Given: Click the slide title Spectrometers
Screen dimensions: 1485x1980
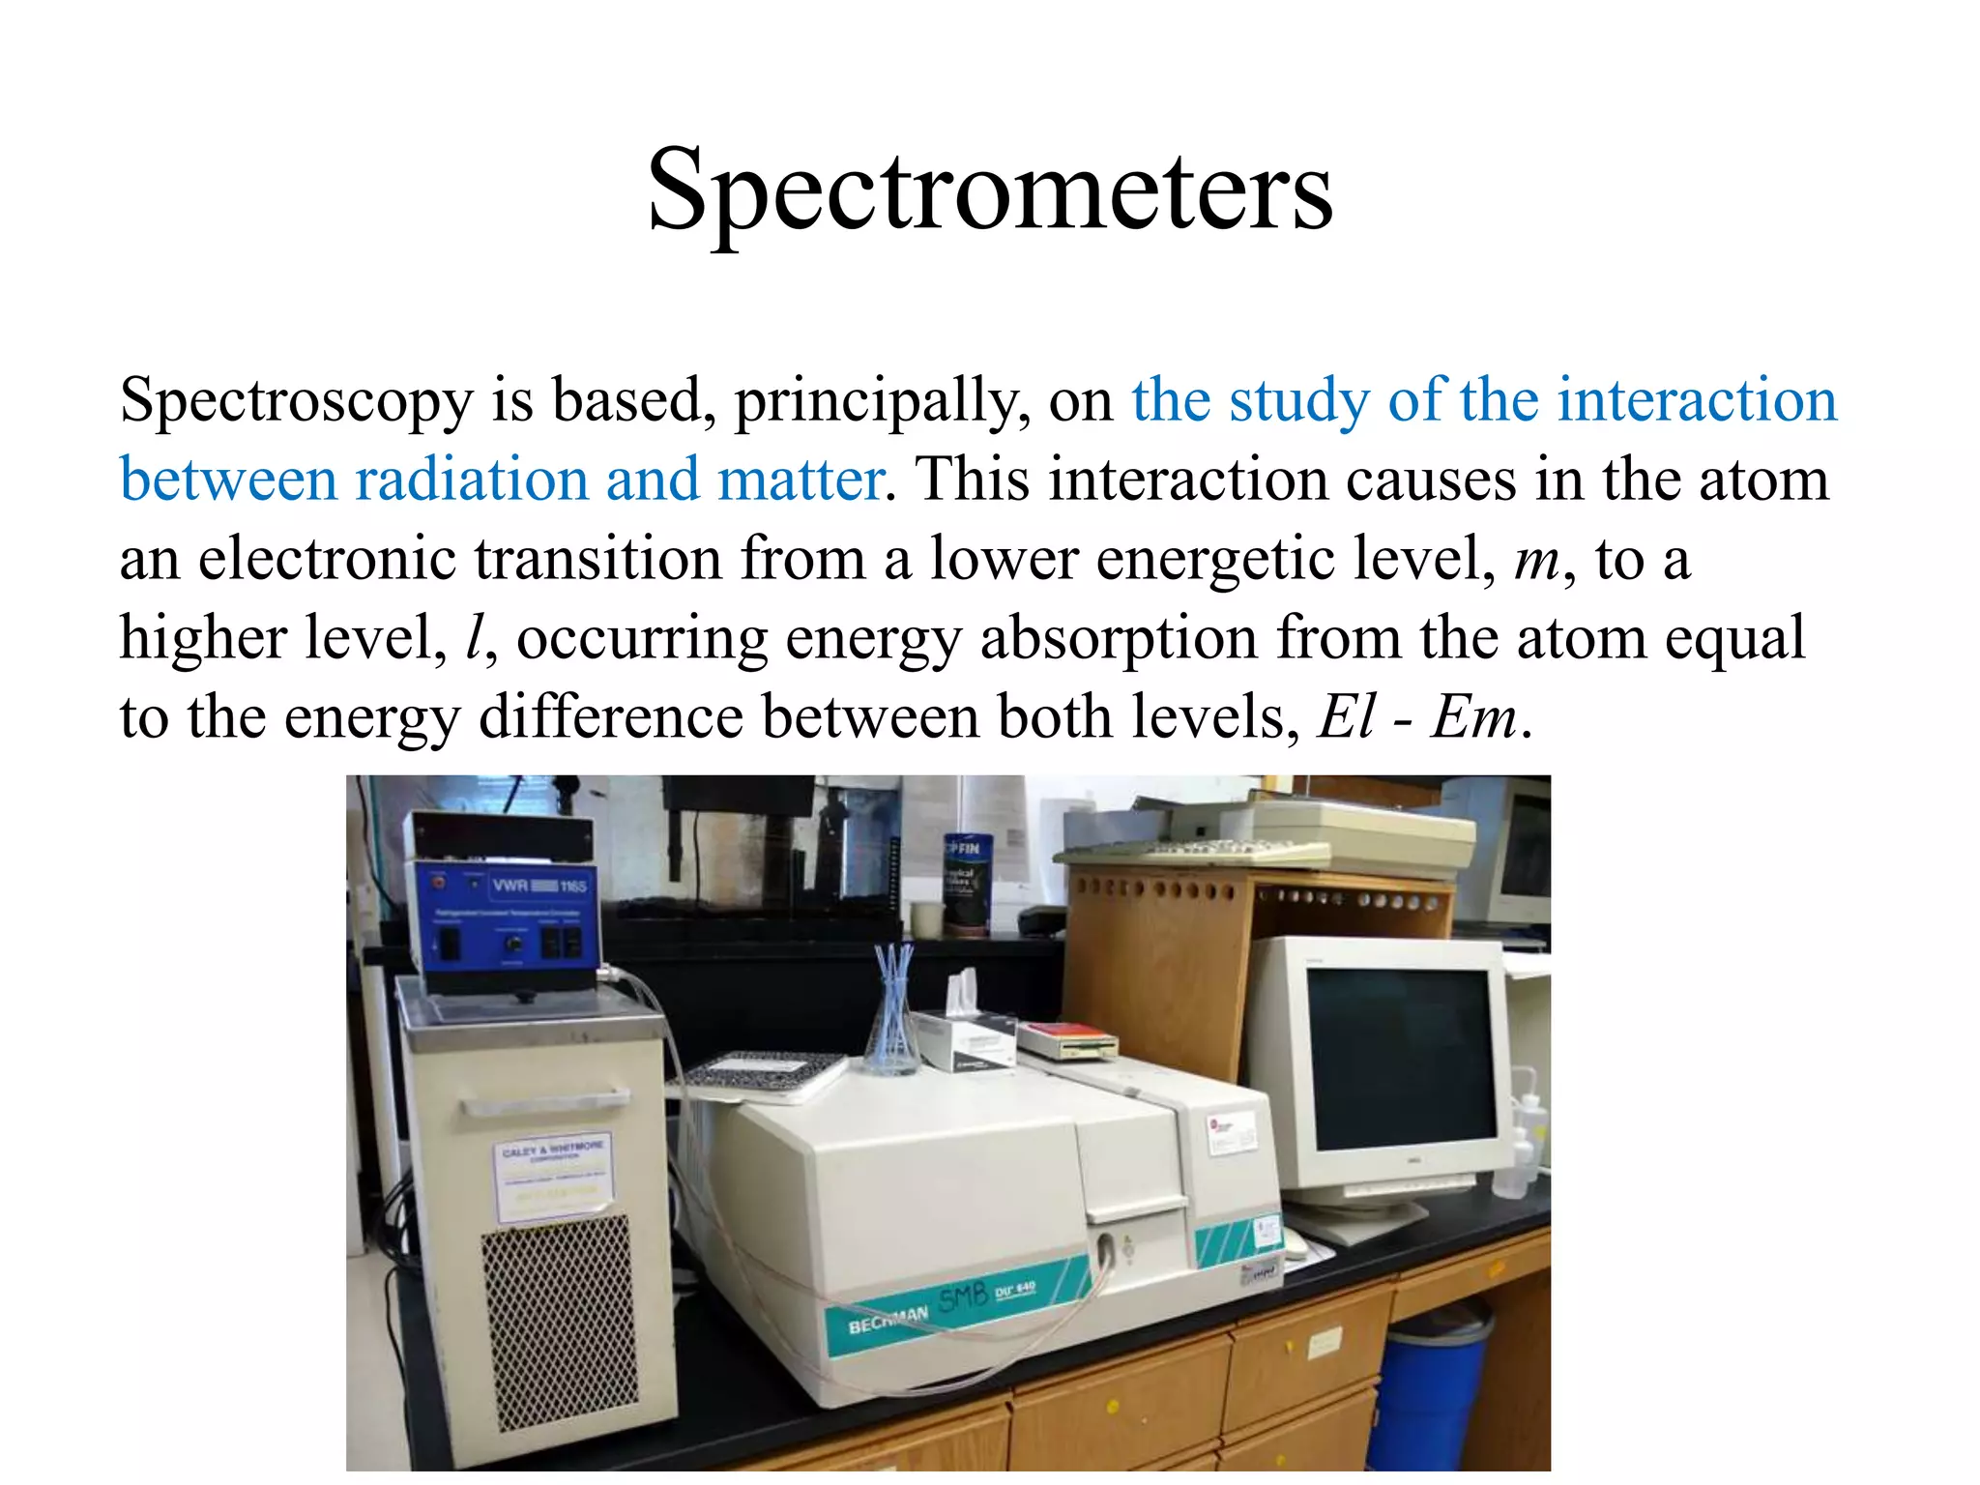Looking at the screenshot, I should [x=990, y=190].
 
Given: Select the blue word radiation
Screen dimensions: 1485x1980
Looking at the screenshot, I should [x=471, y=480].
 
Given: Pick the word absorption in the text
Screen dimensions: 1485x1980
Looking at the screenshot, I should [x=1118, y=639].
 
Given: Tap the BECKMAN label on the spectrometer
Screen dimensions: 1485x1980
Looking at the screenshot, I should [x=887, y=1320].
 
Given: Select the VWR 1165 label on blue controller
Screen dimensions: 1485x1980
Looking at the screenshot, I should [x=538, y=886].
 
